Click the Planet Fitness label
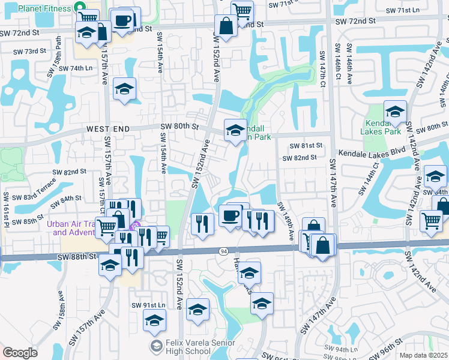[x=43, y=8]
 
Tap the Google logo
[x=20, y=353]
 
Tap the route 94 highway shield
[x=223, y=251]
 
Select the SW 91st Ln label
[x=148, y=305]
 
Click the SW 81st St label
[x=306, y=146]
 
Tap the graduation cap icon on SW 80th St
[x=235, y=129]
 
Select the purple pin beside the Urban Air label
[x=136, y=226]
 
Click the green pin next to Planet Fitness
[x=77, y=8]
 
